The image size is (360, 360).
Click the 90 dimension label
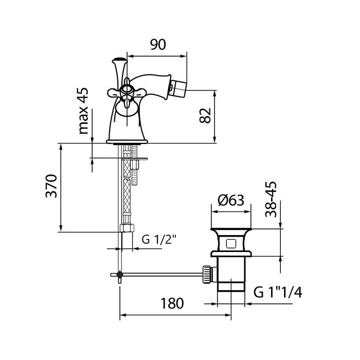158,45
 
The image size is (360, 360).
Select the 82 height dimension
205,115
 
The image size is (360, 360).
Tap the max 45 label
83,111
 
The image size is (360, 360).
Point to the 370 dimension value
51,186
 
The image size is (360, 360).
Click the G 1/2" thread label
158,240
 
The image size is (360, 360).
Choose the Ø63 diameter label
231,200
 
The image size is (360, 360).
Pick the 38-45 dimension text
271,200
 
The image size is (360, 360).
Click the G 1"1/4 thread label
278,292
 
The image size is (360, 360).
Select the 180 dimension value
172,303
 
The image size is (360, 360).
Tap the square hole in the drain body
230,244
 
